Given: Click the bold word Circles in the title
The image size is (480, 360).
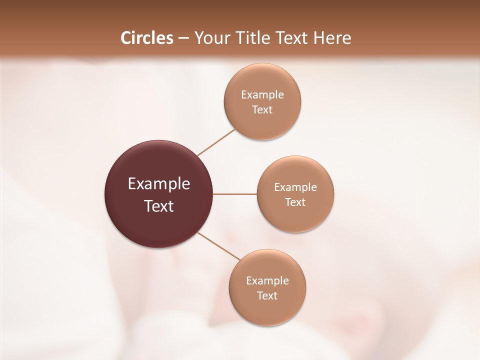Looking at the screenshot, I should pos(146,38).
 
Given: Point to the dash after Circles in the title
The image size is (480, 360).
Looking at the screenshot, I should pos(183,38).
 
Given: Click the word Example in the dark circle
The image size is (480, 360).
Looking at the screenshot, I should pos(159,184).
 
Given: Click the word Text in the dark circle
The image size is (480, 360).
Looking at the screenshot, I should pos(159,206).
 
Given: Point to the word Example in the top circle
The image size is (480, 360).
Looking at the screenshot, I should pos(262,95).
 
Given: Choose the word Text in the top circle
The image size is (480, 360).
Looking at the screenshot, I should pos(262,110).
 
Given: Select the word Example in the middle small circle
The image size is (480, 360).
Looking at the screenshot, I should pos(295,187).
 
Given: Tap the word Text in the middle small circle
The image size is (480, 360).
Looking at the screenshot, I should pos(295,202).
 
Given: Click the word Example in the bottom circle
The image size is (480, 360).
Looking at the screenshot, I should pos(267,281).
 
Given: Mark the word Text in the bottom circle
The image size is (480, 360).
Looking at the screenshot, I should pos(267,296).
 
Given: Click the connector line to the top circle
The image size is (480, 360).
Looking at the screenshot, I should pos(216,142).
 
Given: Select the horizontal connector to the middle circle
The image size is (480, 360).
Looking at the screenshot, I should pos(235,194).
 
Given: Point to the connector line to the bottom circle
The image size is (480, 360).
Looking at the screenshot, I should pos(219,246).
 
